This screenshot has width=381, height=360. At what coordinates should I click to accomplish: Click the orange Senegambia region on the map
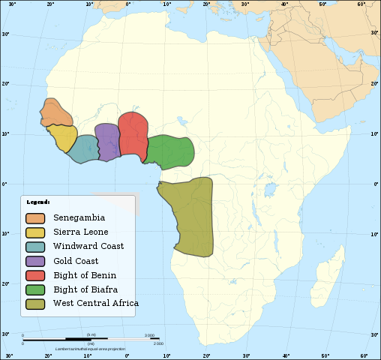tap(55, 113)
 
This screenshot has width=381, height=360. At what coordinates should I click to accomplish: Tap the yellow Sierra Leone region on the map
tap(63, 137)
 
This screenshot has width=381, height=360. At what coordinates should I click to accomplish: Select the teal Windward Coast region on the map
tap(84, 148)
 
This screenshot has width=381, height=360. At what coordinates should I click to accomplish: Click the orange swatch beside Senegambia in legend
tap(36, 218)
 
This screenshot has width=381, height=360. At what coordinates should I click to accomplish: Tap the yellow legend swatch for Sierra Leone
tap(36, 232)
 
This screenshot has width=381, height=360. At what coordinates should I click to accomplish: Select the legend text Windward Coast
tap(88, 247)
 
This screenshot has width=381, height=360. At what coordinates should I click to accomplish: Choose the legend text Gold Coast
tap(76, 261)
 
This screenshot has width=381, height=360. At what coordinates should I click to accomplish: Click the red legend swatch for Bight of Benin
tap(36, 275)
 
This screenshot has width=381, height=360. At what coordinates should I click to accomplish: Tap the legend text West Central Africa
tap(95, 304)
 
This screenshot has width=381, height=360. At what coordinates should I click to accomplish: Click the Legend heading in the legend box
tap(38, 202)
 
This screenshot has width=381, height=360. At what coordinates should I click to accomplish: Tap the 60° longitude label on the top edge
tap(361, 4)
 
